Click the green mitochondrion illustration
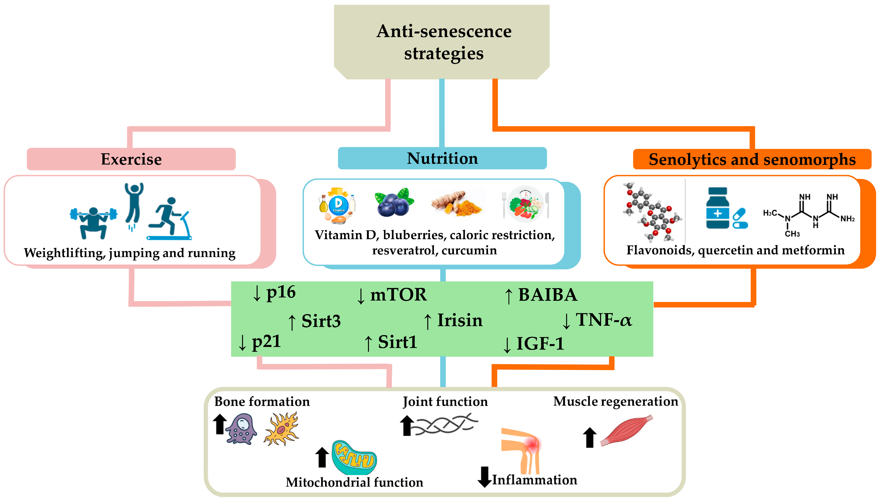[354, 458]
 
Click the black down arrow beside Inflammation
[484, 477]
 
